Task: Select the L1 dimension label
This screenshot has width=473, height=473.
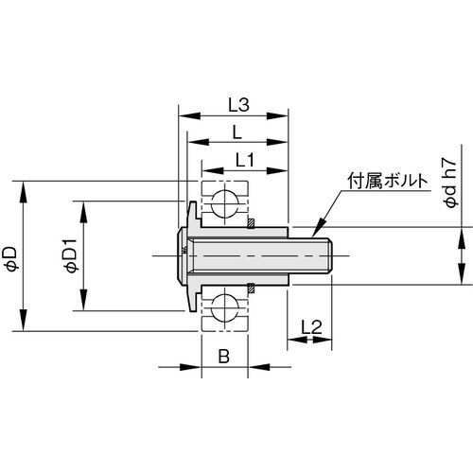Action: tap(242, 161)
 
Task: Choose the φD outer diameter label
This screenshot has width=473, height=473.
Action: tap(10, 256)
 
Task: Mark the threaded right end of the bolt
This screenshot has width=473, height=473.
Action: tap(327, 255)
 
